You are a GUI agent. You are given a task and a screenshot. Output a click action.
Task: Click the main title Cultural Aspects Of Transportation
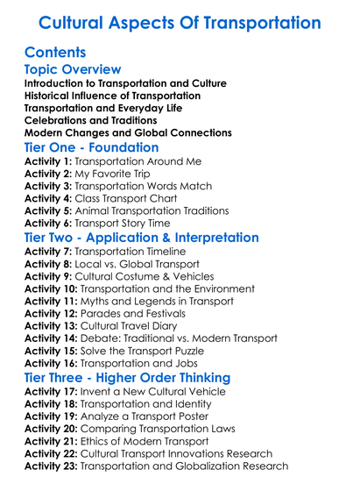(180, 22)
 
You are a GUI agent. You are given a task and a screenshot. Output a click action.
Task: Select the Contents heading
(55, 52)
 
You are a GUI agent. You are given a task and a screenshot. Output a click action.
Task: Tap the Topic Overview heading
(72, 69)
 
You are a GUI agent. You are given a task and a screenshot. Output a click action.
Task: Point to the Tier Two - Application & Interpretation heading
(141, 238)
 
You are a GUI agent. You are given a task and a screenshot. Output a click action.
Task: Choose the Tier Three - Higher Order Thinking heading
(128, 377)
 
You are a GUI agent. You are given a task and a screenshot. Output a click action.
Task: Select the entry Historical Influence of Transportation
(112, 95)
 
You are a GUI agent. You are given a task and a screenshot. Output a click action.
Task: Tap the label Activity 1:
(47, 162)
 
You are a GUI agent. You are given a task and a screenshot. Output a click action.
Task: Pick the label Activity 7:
(47, 252)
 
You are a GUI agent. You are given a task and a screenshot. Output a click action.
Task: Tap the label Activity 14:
(51, 338)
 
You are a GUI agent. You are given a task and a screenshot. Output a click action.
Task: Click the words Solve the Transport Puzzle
(152, 351)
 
